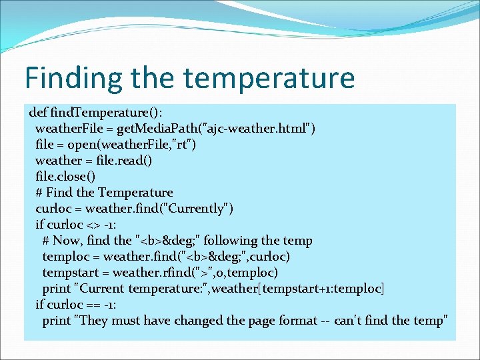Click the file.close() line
65,176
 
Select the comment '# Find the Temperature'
104,192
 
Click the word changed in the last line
200,320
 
